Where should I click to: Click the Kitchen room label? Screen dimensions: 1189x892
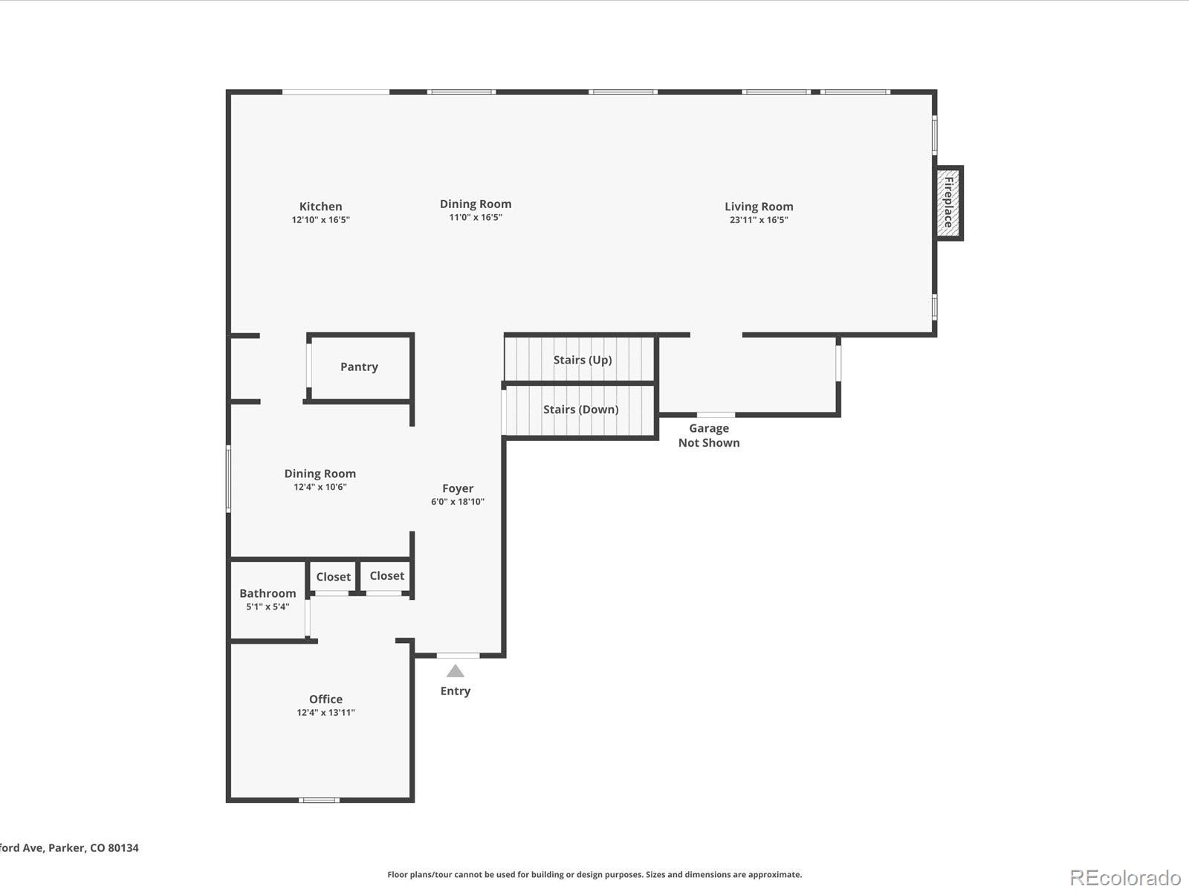click(x=321, y=207)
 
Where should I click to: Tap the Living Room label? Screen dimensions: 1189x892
click(x=759, y=207)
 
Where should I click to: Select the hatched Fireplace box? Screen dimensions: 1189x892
click(x=948, y=203)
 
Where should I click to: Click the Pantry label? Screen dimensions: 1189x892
click(x=359, y=366)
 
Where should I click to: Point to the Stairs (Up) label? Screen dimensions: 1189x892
click(x=583, y=361)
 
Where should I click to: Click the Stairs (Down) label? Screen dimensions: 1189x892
click(x=580, y=410)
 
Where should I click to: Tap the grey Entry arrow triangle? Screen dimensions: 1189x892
click(x=455, y=671)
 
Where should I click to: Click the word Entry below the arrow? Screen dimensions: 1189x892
click(x=455, y=691)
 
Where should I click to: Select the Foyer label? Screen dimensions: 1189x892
click(x=458, y=488)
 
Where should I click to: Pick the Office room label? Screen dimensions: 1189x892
click(x=325, y=699)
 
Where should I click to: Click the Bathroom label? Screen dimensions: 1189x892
click(x=268, y=594)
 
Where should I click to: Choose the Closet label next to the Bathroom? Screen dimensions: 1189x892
click(x=333, y=577)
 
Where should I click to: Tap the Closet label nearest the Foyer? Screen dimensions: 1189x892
click(x=386, y=575)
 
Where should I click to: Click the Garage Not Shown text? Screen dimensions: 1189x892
click(x=709, y=436)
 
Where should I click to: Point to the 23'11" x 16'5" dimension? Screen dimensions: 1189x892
click(x=759, y=220)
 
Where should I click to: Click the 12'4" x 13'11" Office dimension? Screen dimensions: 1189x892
click(x=325, y=713)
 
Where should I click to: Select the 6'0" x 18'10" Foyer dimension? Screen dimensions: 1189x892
click(x=458, y=502)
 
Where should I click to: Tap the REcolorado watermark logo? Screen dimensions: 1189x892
click(x=1125, y=877)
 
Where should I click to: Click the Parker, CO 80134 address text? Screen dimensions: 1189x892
click(x=93, y=848)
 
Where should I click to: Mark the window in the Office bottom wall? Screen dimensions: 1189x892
click(x=319, y=800)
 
